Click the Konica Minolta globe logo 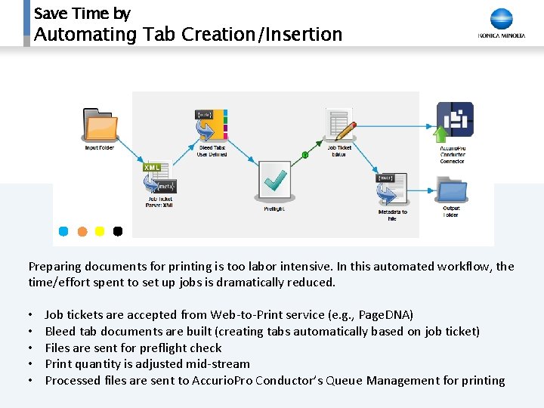click(x=502, y=19)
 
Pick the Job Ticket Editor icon click(x=340, y=125)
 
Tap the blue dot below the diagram click(x=63, y=231)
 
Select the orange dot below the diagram click(x=82, y=231)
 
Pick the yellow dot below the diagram click(x=100, y=231)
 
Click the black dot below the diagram click(x=118, y=231)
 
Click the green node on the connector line click(x=305, y=155)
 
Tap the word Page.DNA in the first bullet click(x=385, y=314)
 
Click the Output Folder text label click(x=451, y=212)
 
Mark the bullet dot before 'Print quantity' click(x=31, y=364)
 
